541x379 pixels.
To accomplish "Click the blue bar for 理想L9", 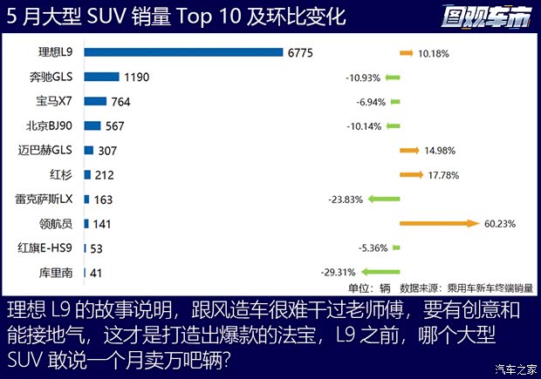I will click(x=183, y=53).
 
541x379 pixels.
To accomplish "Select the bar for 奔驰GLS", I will click(x=101, y=77).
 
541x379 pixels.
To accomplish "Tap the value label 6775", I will click(x=302, y=53).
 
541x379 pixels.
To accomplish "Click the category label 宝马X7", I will click(x=54, y=101).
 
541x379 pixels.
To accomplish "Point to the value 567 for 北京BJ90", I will click(x=114, y=125).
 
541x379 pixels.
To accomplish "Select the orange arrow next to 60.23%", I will click(x=439, y=224).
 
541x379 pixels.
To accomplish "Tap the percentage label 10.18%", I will click(x=434, y=53).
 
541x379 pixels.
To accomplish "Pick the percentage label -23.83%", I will click(x=346, y=200).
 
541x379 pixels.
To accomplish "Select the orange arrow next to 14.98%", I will click(x=409, y=151).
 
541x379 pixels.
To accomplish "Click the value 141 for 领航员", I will click(x=102, y=224).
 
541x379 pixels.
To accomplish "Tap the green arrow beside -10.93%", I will click(x=392, y=78).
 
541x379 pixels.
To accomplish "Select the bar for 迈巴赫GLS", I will click(x=88, y=150).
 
